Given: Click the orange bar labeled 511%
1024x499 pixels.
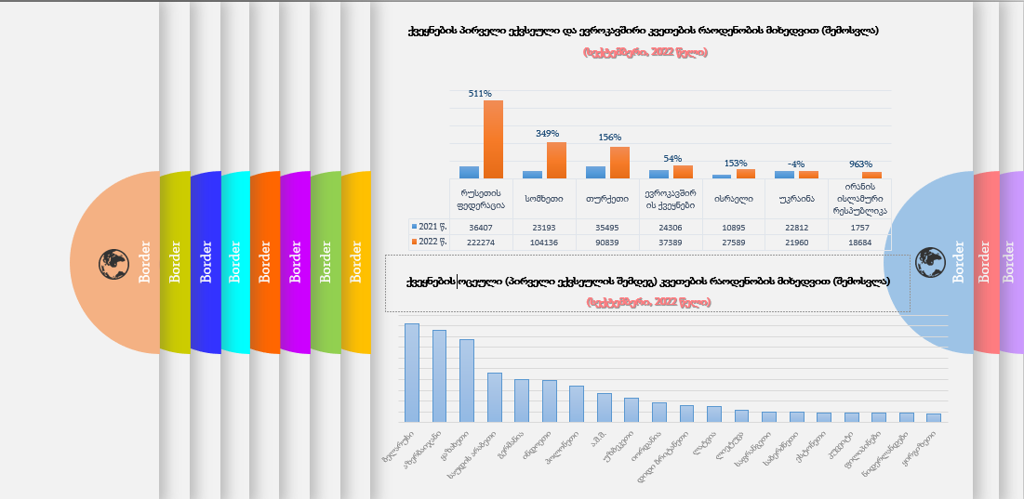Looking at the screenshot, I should click(x=493, y=139).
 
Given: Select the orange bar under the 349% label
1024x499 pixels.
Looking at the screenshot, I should click(x=556, y=160).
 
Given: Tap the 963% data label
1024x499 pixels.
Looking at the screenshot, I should click(x=860, y=164).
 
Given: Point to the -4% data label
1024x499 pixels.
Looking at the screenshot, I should click(x=796, y=164).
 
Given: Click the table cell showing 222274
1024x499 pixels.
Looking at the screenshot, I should click(x=481, y=242).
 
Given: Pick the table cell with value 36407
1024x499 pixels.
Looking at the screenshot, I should click(x=481, y=227).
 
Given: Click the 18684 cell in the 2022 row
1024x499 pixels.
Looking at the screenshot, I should click(x=859, y=242).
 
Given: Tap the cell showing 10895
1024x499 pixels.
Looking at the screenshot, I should click(x=733, y=227).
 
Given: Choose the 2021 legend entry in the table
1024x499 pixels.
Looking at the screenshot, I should click(x=429, y=227).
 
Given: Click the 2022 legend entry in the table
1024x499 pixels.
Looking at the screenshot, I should click(x=429, y=242).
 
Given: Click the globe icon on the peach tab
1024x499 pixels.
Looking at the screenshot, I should click(x=113, y=263).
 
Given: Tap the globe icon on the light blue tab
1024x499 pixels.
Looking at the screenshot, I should click(x=929, y=262).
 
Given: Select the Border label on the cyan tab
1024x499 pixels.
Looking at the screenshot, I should click(x=235, y=262).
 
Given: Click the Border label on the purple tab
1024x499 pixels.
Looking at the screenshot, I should click(x=295, y=262).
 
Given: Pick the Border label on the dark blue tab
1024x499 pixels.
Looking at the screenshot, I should click(x=206, y=262).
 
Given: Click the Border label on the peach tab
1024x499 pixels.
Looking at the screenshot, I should click(x=145, y=262).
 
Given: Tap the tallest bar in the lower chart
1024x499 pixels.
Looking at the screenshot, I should click(x=411, y=373).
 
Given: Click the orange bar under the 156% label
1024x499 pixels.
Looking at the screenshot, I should click(x=619, y=163).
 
